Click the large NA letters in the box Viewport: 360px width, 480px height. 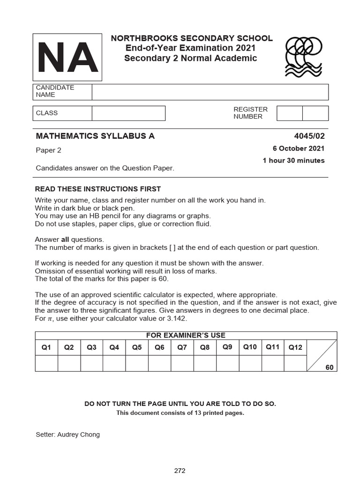[x=67, y=57]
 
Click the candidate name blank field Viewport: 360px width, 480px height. [x=210, y=92]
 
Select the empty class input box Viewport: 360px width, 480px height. [x=128, y=113]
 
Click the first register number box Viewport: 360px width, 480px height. [x=289, y=113]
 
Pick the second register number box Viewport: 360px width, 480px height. [x=315, y=113]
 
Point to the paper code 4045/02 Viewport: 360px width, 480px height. [x=309, y=136]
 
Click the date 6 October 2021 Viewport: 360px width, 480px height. [x=299, y=149]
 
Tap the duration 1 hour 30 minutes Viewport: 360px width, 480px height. [x=293, y=160]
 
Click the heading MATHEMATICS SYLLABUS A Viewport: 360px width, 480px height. [x=95, y=136]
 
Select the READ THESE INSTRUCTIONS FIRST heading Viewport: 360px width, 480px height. [x=98, y=189]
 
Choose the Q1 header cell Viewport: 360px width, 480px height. [x=46, y=347]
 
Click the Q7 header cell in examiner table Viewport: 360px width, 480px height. [x=182, y=347]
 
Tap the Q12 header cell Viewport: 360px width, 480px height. [x=295, y=347]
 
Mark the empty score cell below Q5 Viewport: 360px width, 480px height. [x=137, y=363]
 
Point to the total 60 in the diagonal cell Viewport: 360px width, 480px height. [x=330, y=367]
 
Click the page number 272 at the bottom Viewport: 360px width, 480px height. [x=180, y=471]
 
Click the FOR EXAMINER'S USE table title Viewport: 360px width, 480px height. [x=186, y=335]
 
